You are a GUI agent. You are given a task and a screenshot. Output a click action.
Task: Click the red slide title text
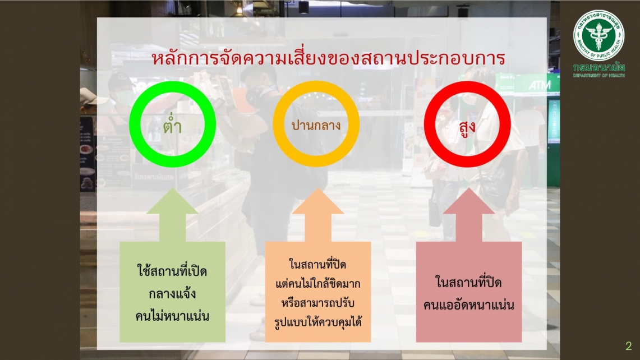(x=329, y=58)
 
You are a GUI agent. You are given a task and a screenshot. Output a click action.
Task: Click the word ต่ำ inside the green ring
(x=172, y=124)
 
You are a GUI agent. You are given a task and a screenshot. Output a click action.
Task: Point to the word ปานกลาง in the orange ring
(x=316, y=125)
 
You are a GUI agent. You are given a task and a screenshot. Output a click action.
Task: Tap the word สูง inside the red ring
(x=467, y=127)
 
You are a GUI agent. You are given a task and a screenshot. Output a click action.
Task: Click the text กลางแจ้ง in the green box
(x=172, y=294)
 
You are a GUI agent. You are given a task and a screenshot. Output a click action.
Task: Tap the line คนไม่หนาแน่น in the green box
(x=172, y=316)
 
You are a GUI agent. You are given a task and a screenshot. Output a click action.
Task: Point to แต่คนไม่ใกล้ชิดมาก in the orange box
(x=318, y=283)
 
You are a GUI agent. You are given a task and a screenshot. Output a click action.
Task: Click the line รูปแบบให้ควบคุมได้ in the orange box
(x=318, y=322)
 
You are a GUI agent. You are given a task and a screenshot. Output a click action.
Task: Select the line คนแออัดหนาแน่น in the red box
(x=468, y=304)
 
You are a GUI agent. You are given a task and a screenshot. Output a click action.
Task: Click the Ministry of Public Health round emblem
(x=599, y=35)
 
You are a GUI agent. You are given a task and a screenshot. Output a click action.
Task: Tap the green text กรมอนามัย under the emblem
(x=599, y=67)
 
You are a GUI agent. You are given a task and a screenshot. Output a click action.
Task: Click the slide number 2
(x=629, y=346)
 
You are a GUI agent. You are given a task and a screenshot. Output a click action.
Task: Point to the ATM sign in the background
(x=540, y=85)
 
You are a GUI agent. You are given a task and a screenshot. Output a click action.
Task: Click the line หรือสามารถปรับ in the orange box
(x=318, y=303)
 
